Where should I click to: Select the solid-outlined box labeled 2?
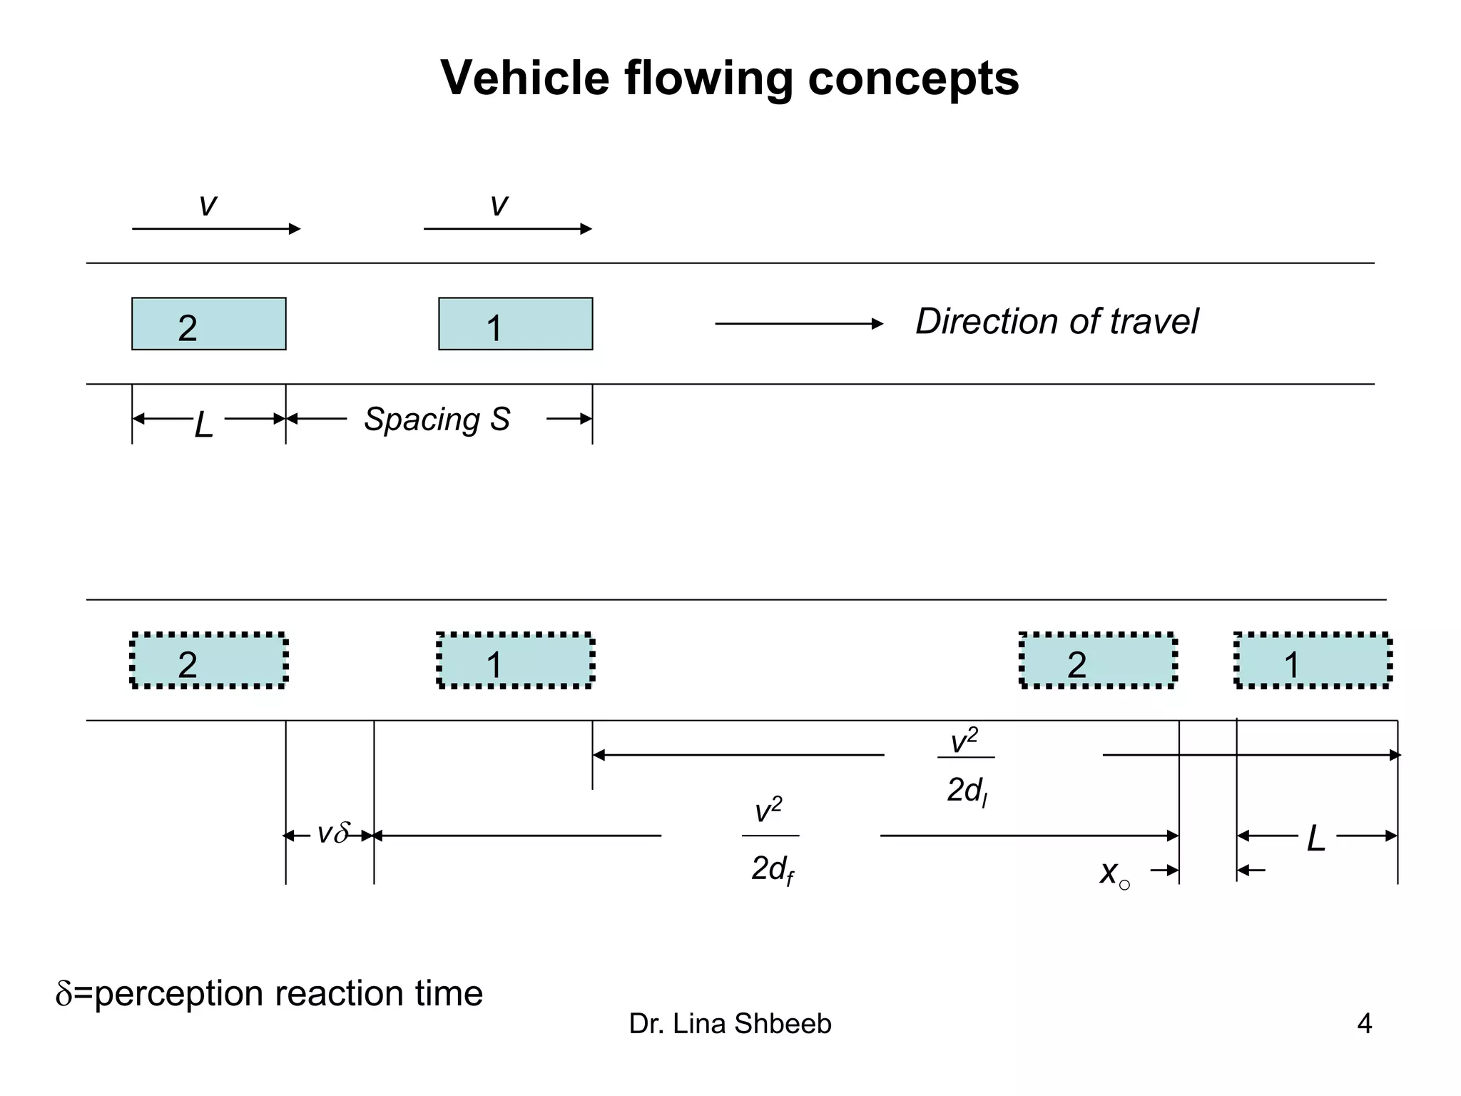click(x=208, y=324)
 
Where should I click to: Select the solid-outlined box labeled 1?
click(x=515, y=324)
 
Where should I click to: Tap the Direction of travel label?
click(x=1057, y=321)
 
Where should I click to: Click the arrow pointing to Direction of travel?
click(x=799, y=324)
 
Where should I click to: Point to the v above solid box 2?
click(x=208, y=205)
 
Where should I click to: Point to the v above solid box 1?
click(x=499, y=205)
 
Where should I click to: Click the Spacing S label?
click(x=437, y=419)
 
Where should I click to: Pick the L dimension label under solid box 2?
click(x=204, y=425)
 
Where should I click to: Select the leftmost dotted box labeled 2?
click(x=208, y=661)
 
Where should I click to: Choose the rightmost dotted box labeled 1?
click(x=1313, y=661)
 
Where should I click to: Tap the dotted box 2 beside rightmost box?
click(x=1097, y=661)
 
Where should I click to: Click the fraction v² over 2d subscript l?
click(x=966, y=767)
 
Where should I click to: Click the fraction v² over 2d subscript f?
click(x=770, y=842)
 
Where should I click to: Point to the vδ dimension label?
click(x=332, y=833)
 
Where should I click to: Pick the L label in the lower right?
click(x=1315, y=838)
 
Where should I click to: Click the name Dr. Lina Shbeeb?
click(x=730, y=1024)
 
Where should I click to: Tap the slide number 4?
click(x=1364, y=1024)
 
